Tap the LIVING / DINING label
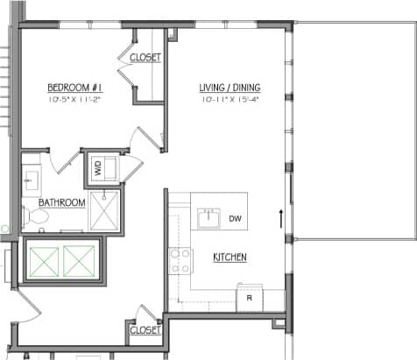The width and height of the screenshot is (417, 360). click(230, 88)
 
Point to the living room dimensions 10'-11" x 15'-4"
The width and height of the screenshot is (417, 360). click(230, 101)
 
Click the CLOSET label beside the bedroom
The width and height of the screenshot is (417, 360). click(145, 58)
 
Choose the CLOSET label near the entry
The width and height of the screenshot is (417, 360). click(145, 330)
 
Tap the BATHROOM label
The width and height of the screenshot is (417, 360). click(61, 203)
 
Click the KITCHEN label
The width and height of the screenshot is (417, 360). click(230, 257)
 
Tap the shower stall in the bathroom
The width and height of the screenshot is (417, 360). click(105, 211)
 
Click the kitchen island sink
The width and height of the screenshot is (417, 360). click(208, 218)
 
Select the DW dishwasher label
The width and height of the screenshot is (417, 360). click(235, 218)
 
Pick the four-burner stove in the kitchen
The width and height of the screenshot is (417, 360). click(180, 259)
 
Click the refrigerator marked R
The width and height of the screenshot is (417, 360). click(250, 298)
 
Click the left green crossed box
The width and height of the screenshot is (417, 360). click(46, 260)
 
